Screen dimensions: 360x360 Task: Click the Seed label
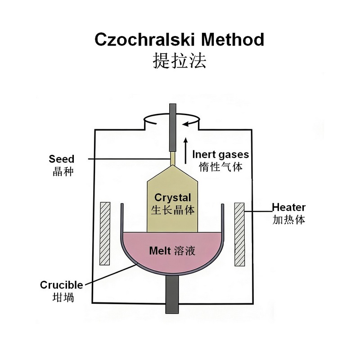click(62, 159)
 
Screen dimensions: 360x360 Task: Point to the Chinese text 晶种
click(62, 171)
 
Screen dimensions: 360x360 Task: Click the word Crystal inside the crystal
click(173, 198)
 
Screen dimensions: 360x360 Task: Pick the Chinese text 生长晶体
click(173, 210)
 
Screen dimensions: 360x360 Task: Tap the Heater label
click(289, 207)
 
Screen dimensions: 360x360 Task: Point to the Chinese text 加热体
click(289, 220)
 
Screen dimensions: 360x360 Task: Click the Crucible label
click(62, 285)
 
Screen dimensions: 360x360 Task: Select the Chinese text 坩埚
click(62, 297)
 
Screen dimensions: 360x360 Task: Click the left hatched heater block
click(105, 233)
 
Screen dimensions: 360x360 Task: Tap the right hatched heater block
click(239, 233)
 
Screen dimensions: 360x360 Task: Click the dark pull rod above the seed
click(172, 128)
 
